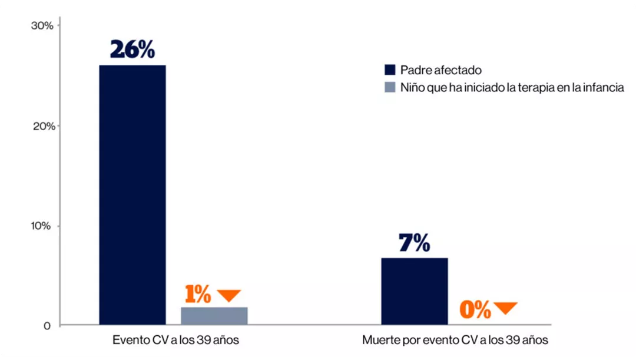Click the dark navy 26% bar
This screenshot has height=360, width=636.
pos(132,194)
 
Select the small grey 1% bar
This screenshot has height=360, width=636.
pos(214,316)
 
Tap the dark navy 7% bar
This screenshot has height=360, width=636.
pos(414,291)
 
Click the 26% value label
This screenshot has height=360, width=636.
pos(132,50)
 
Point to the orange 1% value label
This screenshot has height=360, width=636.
pos(198,295)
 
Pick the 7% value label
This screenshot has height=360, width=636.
pos(414,243)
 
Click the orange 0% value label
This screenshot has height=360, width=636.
pos(475,310)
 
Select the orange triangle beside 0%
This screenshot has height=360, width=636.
pos(505,308)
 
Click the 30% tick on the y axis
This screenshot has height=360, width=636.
pos(42,25)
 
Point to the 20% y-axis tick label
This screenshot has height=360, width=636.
pos(42,126)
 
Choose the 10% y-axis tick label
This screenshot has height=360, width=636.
pos(42,226)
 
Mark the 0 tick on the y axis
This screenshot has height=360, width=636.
pos(47,326)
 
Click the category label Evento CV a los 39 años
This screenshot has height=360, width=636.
pos(175,341)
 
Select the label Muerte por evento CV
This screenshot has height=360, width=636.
pos(455,341)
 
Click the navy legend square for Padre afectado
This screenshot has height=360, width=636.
pos(389,70)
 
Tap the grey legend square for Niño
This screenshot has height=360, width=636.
pos(389,88)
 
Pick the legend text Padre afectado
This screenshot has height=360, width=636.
pos(441,70)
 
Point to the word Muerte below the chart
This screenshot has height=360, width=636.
pos(379,341)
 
